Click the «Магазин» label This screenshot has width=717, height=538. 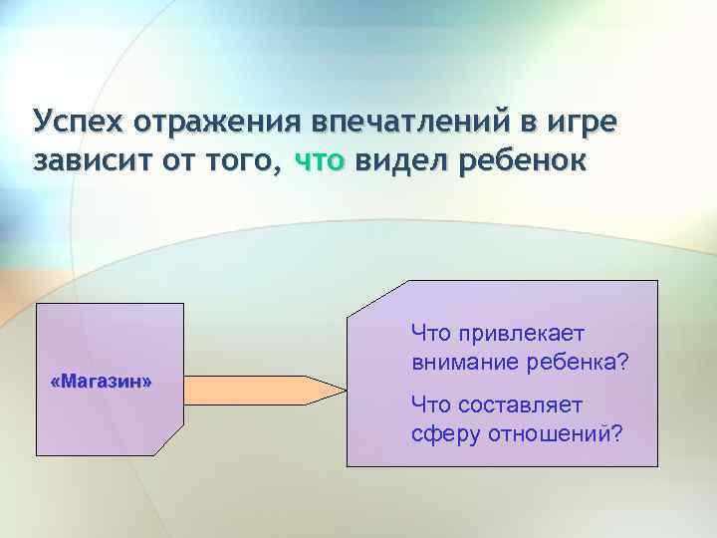101,382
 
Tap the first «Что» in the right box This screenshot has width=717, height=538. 430,332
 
